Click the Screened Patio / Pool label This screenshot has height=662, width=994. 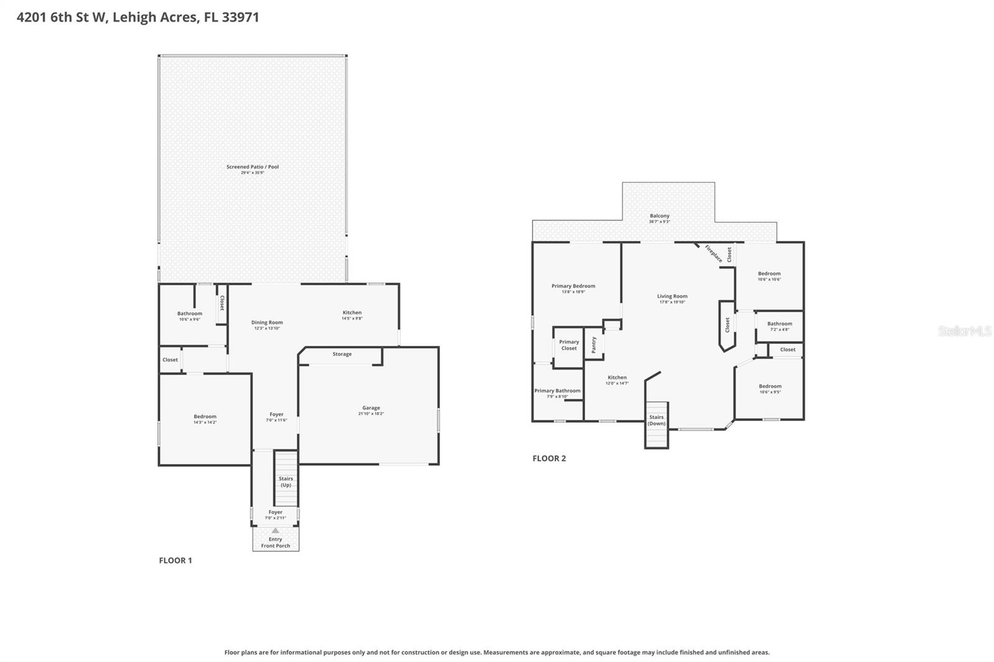252,167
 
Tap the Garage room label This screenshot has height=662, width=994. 371,408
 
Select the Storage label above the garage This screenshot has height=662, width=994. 342,354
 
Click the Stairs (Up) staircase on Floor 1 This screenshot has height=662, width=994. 286,479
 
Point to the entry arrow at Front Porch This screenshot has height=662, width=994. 275,530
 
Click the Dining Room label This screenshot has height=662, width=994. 267,322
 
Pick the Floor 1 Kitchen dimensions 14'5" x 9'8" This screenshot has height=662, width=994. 352,319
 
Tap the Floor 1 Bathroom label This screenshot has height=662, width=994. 189,314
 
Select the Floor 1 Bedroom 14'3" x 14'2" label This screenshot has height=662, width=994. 204,417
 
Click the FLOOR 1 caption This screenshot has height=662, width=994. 175,560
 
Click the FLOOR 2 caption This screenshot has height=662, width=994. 549,458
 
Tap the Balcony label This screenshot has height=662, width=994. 659,216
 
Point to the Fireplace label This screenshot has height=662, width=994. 713,253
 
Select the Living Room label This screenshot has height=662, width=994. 672,296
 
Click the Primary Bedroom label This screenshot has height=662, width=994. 573,286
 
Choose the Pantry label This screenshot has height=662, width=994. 594,345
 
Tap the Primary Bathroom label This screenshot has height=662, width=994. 557,391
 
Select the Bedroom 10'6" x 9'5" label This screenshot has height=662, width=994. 770,386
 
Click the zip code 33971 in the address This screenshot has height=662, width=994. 240,17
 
